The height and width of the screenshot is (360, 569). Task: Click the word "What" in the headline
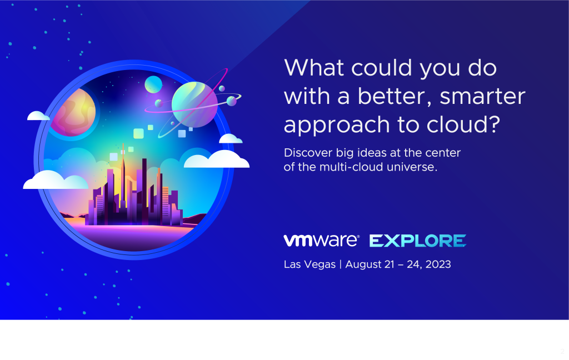pyautogui.click(x=314, y=67)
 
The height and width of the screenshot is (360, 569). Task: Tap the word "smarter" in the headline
pyautogui.click(x=482, y=96)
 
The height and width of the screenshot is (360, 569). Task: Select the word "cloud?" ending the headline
pyautogui.click(x=463, y=124)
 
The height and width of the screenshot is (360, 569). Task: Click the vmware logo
pyautogui.click(x=322, y=240)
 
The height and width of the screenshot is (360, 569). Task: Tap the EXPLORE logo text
pyautogui.click(x=418, y=241)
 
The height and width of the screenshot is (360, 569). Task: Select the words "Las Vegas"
pyautogui.click(x=310, y=264)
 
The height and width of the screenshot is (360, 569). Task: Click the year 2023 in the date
pyautogui.click(x=438, y=264)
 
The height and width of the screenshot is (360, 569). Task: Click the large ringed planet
pyautogui.click(x=194, y=104)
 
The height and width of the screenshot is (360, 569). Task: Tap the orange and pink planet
pyautogui.click(x=73, y=112)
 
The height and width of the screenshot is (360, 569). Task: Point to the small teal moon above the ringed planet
pyautogui.click(x=153, y=84)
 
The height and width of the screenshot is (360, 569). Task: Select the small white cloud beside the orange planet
pyautogui.click(x=38, y=116)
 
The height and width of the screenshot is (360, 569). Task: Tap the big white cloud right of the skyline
pyautogui.click(x=217, y=159)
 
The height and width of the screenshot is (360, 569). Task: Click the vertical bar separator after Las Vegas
pyautogui.click(x=341, y=264)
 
